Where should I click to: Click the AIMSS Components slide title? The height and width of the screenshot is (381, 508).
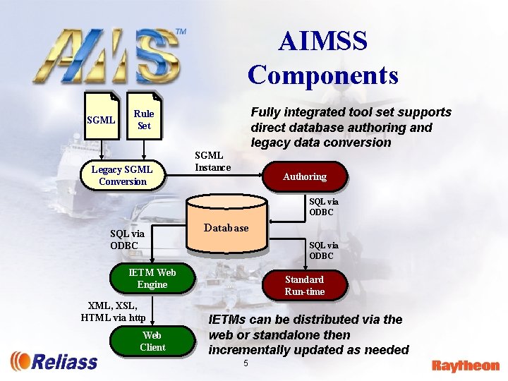(x=322, y=58)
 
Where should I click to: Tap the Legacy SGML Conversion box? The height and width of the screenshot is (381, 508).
(x=123, y=175)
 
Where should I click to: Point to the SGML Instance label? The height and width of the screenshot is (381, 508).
(x=212, y=161)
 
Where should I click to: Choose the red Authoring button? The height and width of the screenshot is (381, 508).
(x=305, y=176)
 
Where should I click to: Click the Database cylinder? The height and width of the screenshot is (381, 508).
(x=226, y=228)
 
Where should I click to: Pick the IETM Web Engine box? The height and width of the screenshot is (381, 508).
(x=152, y=279)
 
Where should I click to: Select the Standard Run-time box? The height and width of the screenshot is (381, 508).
(x=305, y=285)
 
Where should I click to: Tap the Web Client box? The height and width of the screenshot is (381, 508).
(x=152, y=341)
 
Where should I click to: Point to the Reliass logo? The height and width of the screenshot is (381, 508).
(x=54, y=361)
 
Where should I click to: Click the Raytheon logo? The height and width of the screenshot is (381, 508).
(x=465, y=365)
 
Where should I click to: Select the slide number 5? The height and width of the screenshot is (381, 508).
(x=246, y=363)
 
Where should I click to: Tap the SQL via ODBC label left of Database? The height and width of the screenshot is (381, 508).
(x=127, y=239)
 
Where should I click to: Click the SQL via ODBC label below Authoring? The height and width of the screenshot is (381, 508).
(x=323, y=207)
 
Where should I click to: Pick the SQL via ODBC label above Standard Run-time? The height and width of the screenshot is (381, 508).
(x=323, y=250)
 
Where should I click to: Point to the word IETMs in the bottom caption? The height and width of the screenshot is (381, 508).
(x=229, y=320)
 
